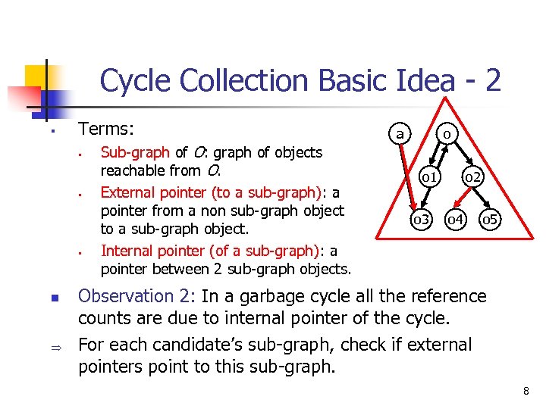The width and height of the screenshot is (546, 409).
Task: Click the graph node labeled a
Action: [399, 133]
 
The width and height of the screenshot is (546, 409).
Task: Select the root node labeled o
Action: [447, 134]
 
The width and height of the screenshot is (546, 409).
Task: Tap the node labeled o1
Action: [428, 177]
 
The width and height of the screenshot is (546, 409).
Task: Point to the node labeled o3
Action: [421, 219]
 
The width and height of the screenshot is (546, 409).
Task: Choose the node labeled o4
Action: [455, 219]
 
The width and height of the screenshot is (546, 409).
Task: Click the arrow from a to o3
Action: [408, 174]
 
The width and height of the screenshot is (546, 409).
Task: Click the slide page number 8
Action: [525, 391]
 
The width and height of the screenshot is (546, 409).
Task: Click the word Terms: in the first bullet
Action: [106, 130]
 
